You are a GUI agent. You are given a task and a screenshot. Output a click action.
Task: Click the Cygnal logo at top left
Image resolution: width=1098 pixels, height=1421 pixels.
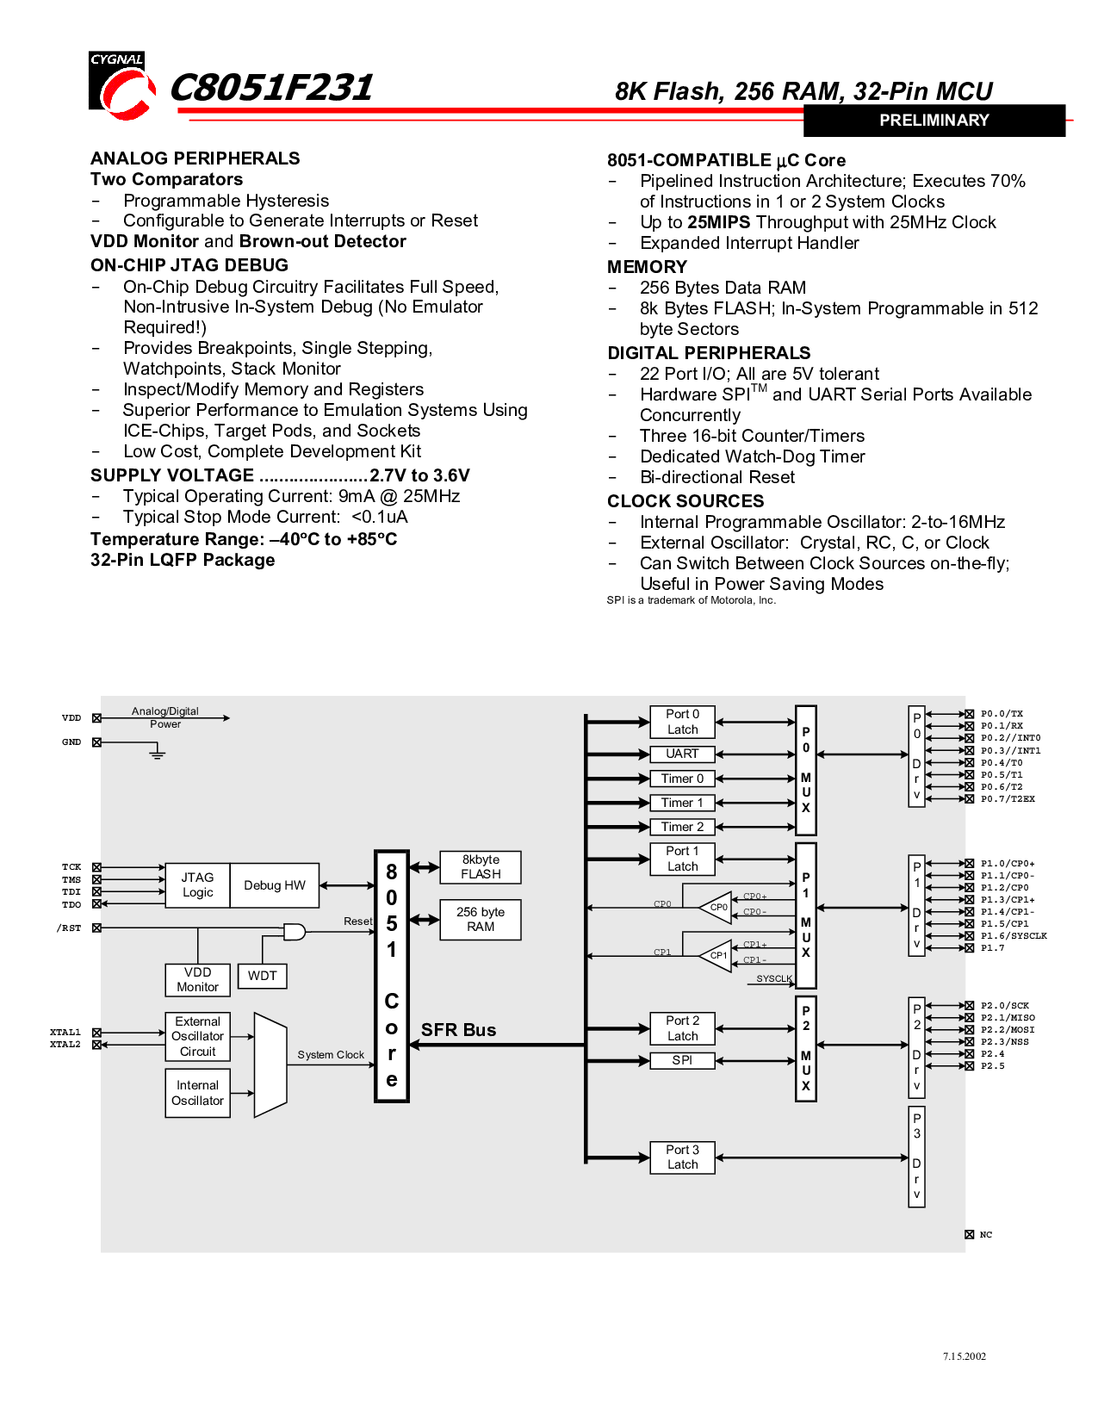coord(121,85)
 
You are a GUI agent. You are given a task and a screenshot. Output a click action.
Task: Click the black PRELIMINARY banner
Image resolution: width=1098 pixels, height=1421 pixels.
coord(934,121)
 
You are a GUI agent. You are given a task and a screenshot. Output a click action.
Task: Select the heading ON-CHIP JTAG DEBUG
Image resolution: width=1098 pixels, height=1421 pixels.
coord(189,265)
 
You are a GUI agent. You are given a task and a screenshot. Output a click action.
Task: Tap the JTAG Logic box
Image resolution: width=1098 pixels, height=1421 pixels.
coord(197,884)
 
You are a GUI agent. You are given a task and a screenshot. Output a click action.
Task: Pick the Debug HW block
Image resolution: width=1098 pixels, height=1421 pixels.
coord(275,884)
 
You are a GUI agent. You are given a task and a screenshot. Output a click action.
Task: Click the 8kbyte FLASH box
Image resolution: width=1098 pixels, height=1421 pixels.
coord(481,867)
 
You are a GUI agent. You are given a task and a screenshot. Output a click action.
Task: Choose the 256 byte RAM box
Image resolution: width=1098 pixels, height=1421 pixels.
coord(481,920)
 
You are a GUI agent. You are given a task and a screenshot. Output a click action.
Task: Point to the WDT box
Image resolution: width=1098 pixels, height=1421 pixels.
coord(263,976)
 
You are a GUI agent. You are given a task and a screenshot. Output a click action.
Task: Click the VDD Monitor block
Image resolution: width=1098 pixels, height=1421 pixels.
coord(197,979)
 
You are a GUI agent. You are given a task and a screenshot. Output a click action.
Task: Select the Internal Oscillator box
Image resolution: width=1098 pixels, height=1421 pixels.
coord(197,1093)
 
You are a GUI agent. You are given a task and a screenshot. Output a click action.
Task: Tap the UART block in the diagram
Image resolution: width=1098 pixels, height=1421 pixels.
coord(682,754)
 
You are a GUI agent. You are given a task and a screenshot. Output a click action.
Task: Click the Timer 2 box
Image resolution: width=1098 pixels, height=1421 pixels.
coord(682,827)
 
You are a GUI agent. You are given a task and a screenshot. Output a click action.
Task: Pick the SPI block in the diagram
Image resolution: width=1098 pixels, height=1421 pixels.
coord(682,1060)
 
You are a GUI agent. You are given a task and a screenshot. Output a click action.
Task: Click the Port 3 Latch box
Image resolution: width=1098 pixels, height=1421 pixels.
coord(682,1157)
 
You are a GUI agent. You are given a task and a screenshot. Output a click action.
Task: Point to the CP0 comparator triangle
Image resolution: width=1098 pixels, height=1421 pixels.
coord(716,907)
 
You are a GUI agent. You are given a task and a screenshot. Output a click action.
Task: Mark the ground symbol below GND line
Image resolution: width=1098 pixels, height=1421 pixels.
coord(157,754)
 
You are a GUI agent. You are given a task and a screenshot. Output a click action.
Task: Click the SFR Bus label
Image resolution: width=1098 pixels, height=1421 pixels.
coord(458,1030)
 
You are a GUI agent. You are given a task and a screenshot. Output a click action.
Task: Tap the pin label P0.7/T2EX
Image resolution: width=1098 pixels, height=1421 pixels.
coord(1008,799)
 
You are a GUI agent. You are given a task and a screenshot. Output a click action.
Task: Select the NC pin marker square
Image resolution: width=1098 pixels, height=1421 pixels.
coord(969,1235)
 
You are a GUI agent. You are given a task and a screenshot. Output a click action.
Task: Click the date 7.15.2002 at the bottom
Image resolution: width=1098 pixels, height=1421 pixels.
coord(964,1356)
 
